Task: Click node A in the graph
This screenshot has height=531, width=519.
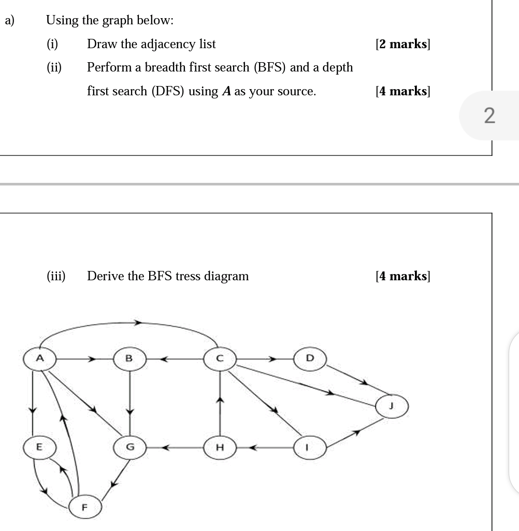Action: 40,358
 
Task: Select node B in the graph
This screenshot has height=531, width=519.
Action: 129,358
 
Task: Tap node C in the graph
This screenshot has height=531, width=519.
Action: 220,358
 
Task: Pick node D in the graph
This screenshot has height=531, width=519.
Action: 310,358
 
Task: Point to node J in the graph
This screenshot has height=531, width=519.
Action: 392,407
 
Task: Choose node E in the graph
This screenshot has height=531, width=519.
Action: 38,446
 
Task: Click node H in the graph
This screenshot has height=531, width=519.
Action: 220,446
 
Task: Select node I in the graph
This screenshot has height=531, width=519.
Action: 310,446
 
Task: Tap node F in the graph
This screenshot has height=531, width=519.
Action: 84,506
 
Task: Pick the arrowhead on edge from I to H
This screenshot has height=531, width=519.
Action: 254,446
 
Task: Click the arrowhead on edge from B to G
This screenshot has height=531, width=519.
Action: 129,411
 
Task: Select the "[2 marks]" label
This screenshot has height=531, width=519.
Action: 403,44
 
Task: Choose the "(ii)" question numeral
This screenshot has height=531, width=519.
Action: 53,67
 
